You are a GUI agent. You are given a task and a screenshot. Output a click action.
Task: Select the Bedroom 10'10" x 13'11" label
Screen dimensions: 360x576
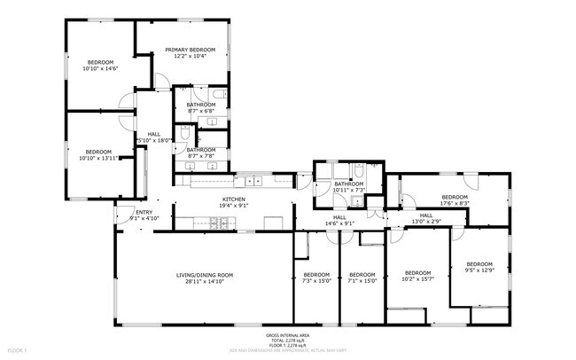[x=97, y=154]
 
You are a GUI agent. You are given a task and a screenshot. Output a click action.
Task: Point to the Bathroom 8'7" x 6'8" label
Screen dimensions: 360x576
[x=201, y=108]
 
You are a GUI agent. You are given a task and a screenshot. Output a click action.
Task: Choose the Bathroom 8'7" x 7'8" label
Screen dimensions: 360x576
[x=201, y=153]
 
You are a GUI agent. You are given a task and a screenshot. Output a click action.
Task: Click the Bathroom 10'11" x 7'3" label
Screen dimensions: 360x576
[x=349, y=187]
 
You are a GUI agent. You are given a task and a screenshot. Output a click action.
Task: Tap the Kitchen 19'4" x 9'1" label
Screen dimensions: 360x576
[x=233, y=202]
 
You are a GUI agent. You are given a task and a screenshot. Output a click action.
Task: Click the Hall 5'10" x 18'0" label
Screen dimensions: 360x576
[x=153, y=137]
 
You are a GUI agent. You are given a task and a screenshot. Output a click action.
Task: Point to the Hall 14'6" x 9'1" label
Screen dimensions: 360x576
[x=339, y=220]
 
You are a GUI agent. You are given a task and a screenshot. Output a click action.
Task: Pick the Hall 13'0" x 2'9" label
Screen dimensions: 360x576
[x=425, y=218]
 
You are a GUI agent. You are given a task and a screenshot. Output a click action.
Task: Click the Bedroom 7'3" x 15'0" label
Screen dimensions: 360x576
[x=315, y=278]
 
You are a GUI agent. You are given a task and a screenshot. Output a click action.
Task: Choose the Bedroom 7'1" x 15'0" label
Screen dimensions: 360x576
[x=362, y=278]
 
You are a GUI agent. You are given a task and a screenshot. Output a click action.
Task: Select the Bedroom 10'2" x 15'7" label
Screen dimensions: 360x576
[x=417, y=276]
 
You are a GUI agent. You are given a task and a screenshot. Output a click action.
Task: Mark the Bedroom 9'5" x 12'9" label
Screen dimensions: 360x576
[x=479, y=267]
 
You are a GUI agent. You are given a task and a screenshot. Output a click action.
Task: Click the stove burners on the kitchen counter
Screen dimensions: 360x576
[x=219, y=230]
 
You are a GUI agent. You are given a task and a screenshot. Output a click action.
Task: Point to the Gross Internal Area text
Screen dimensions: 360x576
[x=287, y=335]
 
